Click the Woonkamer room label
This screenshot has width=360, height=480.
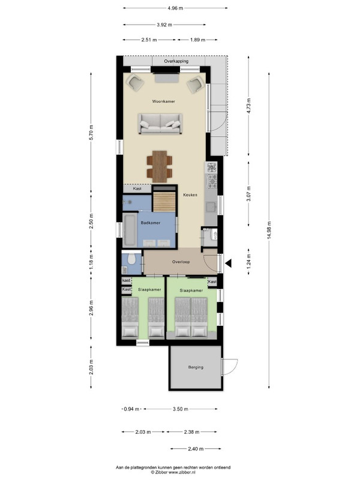(163, 101)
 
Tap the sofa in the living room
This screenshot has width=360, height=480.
(160, 124)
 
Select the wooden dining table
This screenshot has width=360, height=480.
(160, 166)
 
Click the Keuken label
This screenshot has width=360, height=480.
(190, 194)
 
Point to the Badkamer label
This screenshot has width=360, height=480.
(151, 223)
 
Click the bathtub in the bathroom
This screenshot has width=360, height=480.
(130, 230)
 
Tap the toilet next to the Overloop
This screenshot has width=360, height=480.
(131, 259)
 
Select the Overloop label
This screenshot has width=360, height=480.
(181, 262)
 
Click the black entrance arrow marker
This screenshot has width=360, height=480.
(228, 263)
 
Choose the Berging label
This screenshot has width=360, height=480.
(196, 367)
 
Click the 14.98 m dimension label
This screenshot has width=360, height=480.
(269, 230)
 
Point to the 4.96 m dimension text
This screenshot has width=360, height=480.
(175, 8)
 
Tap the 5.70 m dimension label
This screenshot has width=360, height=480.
(91, 133)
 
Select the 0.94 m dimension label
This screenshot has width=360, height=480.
(131, 409)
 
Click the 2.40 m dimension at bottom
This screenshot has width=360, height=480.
(196, 449)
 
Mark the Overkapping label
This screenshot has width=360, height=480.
(176, 61)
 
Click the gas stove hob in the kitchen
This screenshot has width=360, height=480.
(212, 181)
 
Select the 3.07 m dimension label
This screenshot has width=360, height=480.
(248, 194)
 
